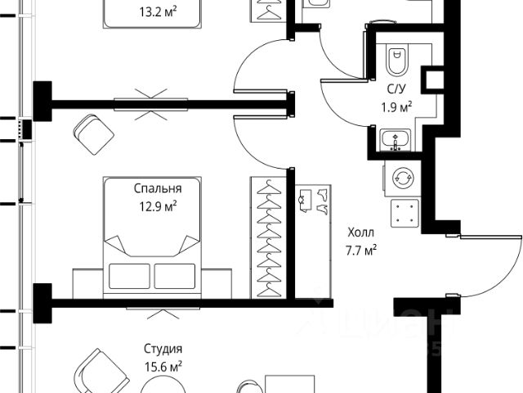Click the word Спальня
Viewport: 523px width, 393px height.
(x=158, y=187)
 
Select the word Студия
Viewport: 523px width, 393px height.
(x=158, y=349)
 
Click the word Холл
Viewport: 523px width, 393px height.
(x=360, y=233)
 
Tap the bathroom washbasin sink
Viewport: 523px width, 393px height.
(x=397, y=142)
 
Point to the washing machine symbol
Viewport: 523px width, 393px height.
(x=403, y=178)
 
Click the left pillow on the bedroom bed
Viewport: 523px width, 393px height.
(x=129, y=275)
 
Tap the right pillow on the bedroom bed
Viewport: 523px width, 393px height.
(x=175, y=275)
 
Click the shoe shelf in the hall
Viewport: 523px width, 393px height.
(x=314, y=200)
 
